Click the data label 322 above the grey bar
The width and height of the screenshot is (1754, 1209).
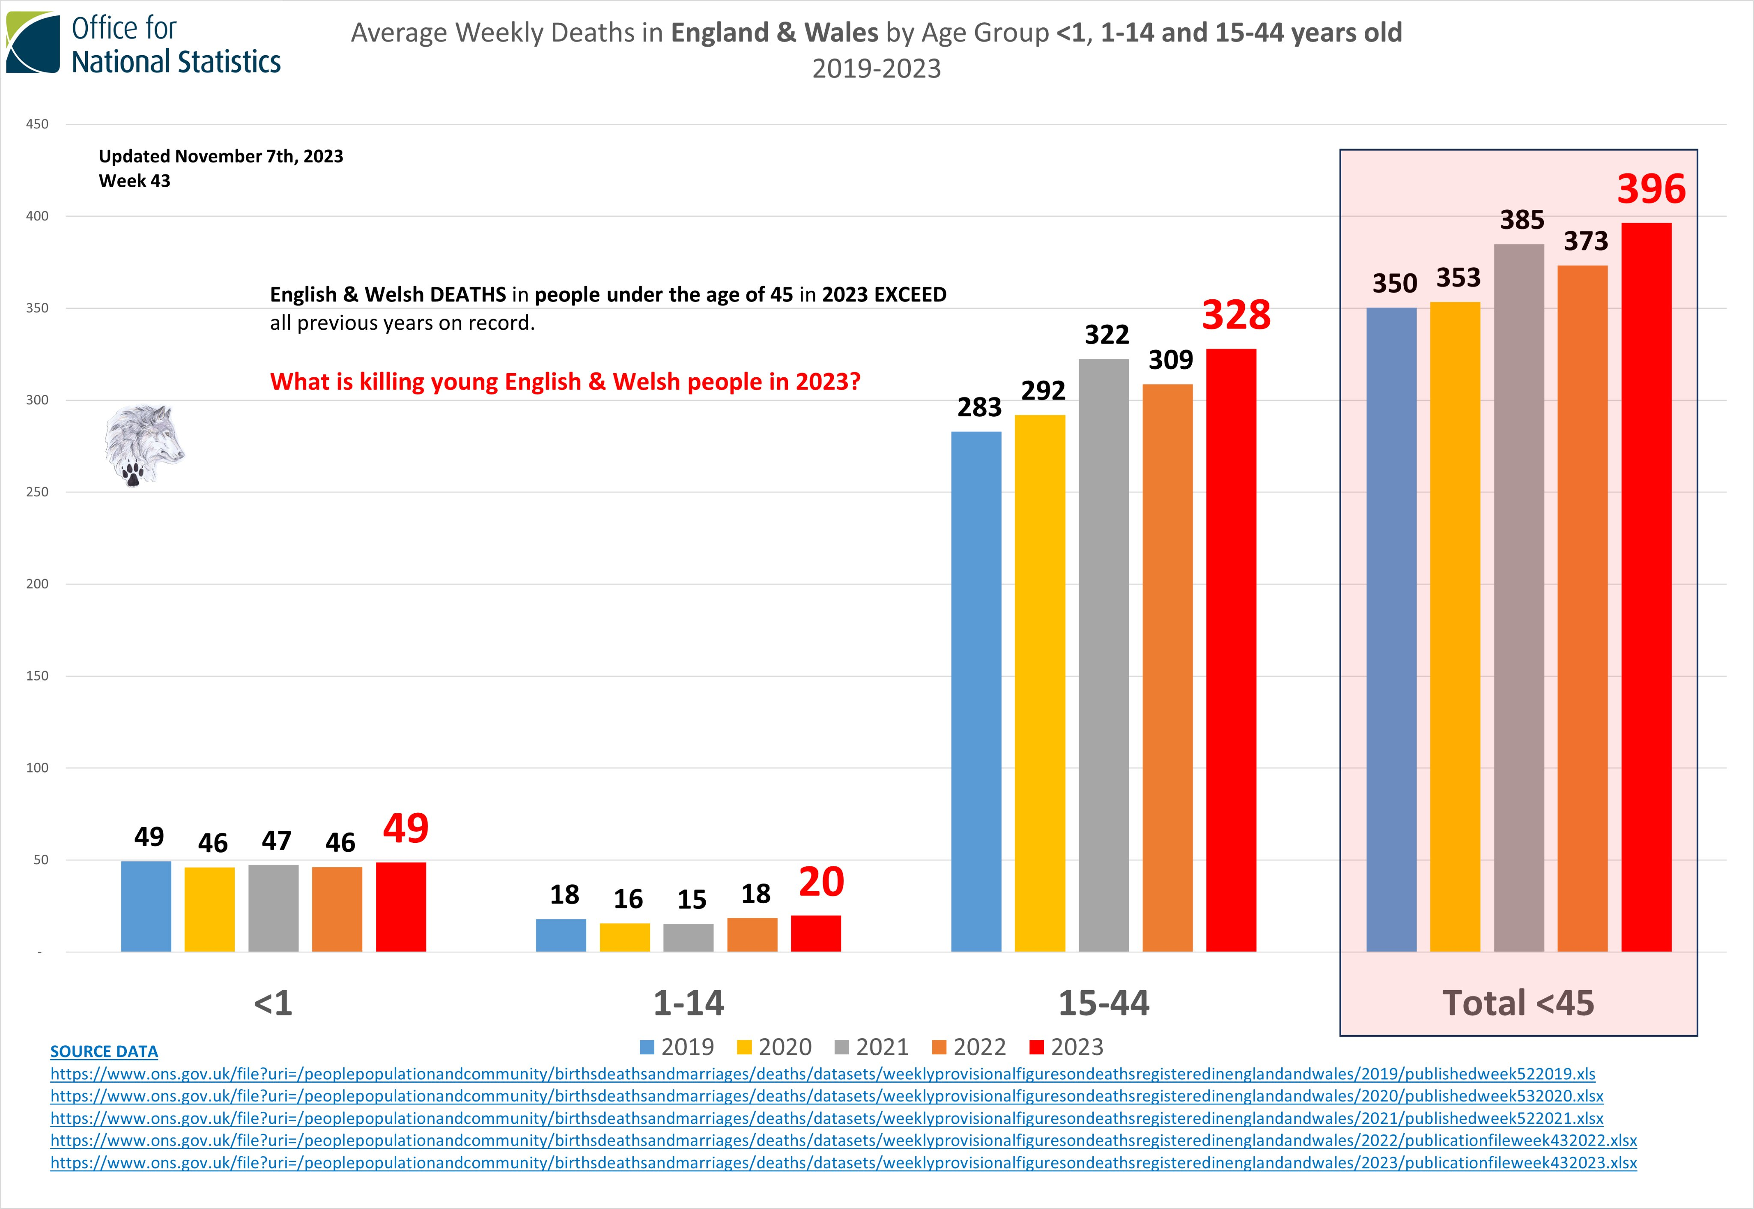pos(1107,335)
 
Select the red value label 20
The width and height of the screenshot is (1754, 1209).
pos(821,883)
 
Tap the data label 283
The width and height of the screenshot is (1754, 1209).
pos(979,408)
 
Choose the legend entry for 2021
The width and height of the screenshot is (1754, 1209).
pos(871,1047)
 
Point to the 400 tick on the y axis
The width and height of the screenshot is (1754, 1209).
pos(37,216)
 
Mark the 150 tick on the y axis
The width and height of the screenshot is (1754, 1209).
pos(37,676)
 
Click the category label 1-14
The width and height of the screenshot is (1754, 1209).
pos(689,1003)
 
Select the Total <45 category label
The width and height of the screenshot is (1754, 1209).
pos(1518,1003)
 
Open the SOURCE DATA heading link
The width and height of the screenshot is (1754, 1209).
pos(104,1051)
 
